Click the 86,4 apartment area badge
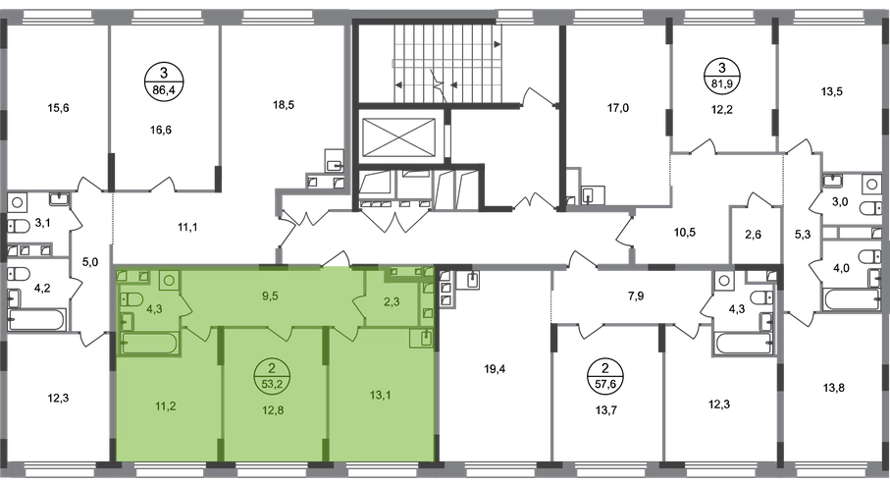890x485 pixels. (x=164, y=81)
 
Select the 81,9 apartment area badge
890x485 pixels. (x=722, y=77)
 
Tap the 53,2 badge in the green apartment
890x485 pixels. (x=272, y=375)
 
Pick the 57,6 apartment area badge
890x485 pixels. (x=604, y=375)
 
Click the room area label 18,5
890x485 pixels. (x=284, y=105)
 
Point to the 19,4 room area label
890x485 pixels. (x=495, y=370)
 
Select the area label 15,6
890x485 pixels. (x=58, y=108)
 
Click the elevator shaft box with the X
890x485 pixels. (x=398, y=137)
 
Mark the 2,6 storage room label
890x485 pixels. (x=753, y=235)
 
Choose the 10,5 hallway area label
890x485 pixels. (x=684, y=233)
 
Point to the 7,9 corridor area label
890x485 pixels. (x=636, y=296)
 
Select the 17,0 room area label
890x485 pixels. (x=618, y=107)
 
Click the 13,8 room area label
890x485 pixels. (x=832, y=389)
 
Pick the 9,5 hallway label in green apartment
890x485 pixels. (x=270, y=296)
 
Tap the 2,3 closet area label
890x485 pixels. (x=392, y=302)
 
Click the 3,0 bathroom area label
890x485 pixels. (x=840, y=201)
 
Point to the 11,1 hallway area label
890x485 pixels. (x=187, y=228)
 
